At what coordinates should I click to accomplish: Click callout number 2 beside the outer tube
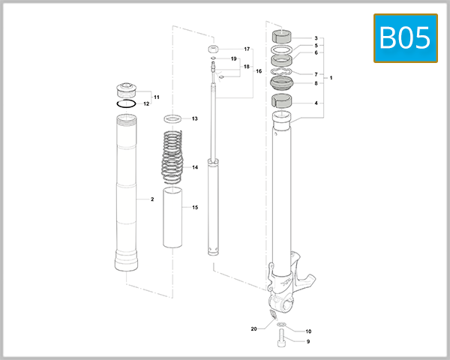[x=152, y=199]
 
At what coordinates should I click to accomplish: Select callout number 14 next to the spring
[x=194, y=167]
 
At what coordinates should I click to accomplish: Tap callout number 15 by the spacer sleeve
[x=194, y=207]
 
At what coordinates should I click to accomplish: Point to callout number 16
[x=259, y=71]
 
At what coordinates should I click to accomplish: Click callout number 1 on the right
[x=331, y=78]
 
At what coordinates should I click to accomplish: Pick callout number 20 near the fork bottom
[x=254, y=328]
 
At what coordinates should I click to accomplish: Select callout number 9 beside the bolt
[x=307, y=341]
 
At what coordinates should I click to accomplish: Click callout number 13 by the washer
[x=194, y=118]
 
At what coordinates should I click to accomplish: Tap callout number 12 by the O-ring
[x=147, y=104]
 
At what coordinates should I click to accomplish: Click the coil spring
[x=173, y=157]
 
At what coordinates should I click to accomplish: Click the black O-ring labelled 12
[x=127, y=104]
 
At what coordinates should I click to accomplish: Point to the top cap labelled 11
[x=126, y=88]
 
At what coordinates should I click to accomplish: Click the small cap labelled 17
[x=216, y=49]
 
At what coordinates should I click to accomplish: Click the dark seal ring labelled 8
[x=280, y=83]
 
